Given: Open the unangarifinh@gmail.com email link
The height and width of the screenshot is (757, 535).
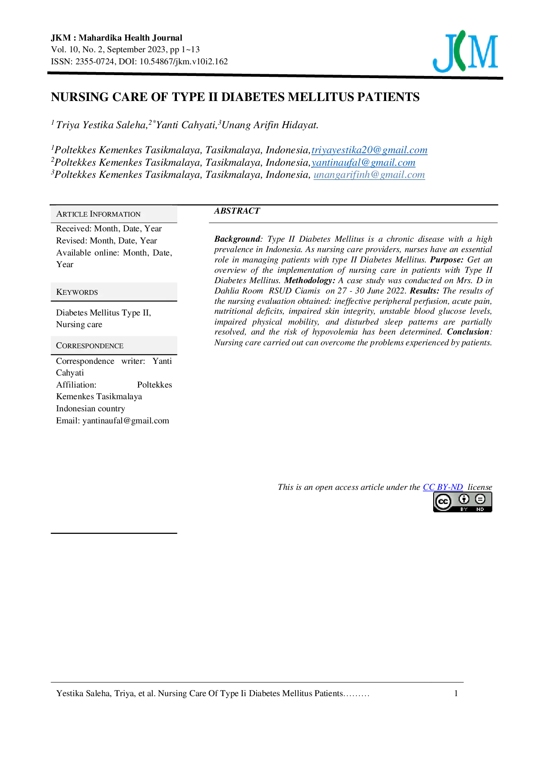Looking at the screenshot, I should tap(369, 175).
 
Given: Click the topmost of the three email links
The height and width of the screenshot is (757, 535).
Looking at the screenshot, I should tap(369, 151).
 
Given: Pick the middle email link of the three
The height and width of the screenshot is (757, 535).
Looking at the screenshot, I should tap(364, 162).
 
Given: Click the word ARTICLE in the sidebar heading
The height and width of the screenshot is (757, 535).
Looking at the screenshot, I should tap(72, 214).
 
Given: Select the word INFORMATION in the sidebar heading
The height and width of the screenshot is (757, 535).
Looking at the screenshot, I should tap(115, 214).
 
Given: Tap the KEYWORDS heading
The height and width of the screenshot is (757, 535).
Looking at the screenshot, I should tap(77, 292).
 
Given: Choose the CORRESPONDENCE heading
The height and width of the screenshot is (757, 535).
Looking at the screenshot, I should tap(90, 346).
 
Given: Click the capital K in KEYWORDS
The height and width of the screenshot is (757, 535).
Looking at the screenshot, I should tap(59, 292).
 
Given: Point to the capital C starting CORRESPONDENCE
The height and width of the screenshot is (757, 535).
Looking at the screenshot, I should tap(59, 346).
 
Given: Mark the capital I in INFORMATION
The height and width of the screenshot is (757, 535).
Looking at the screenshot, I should tap(91, 214).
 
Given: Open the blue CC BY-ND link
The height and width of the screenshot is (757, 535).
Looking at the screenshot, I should tap(443, 487).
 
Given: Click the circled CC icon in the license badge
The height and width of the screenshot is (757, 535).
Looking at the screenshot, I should tap(443, 502).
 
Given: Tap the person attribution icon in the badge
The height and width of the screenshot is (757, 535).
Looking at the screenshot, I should tap(464, 499).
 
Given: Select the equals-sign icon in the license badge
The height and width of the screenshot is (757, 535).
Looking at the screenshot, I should tap(480, 499).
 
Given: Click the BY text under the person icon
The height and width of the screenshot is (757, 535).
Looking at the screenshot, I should tap(464, 510).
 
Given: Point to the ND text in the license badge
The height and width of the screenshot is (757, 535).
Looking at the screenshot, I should tap(480, 510).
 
